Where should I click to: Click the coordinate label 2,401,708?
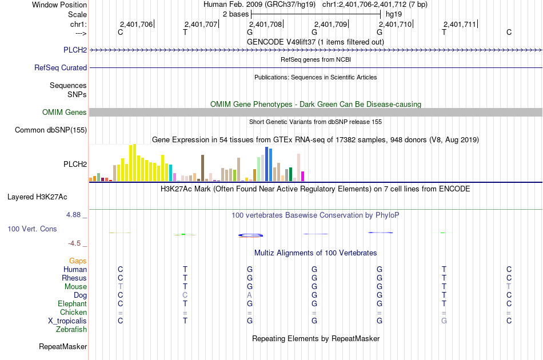coord(265,24)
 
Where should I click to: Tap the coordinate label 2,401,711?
coord(460,24)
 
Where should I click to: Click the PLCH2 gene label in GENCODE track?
coord(75,50)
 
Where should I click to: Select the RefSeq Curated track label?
coord(61,67)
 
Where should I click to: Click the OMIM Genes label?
coord(65,112)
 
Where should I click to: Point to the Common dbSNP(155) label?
coord(51,130)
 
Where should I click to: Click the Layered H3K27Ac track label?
coord(37,197)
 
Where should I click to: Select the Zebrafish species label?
coord(71,330)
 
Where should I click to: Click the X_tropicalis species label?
coord(67,321)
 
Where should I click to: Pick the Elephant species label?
coord(73,303)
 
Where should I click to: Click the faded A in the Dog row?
coord(250,295)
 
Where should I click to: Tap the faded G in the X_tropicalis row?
coord(444,321)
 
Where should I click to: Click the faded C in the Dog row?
coord(185,295)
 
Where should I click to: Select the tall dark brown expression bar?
coord(202,168)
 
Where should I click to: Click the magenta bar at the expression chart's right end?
coord(303,177)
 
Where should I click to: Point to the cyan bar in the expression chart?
coord(171,173)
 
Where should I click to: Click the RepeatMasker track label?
coord(63,346)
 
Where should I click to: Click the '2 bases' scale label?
coord(236,14)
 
